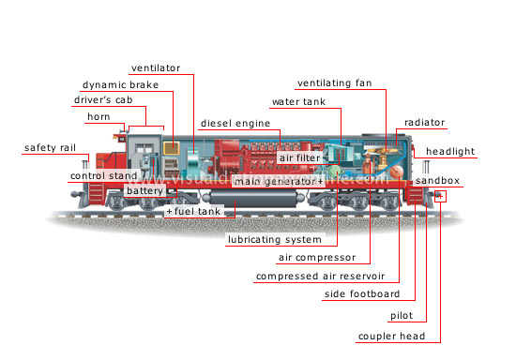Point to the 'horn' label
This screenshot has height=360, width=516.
click(99, 116)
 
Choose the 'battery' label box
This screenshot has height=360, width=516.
click(144, 191)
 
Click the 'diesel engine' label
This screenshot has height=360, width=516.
click(235, 123)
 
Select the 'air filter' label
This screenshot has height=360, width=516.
click(299, 158)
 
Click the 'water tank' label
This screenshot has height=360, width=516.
click(298, 100)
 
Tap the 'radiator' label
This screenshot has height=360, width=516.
click(425, 123)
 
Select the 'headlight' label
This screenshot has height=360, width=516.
click(450, 151)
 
